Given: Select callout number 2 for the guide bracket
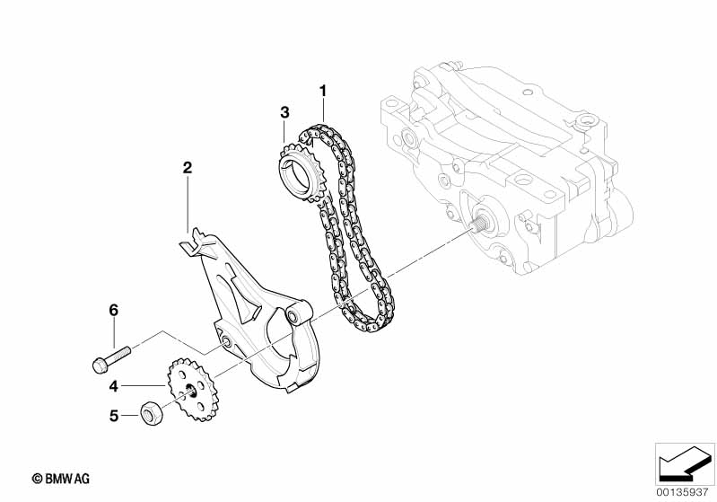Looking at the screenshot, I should pyautogui.click(x=188, y=167).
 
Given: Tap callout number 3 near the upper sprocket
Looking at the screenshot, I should pyautogui.click(x=284, y=112).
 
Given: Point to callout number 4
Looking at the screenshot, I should pyautogui.click(x=114, y=386).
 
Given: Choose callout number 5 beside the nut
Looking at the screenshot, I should pyautogui.click(x=114, y=416).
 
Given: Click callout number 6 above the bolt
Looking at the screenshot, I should pyautogui.click(x=114, y=310).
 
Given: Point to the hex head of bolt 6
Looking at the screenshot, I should pyautogui.click(x=99, y=365).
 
